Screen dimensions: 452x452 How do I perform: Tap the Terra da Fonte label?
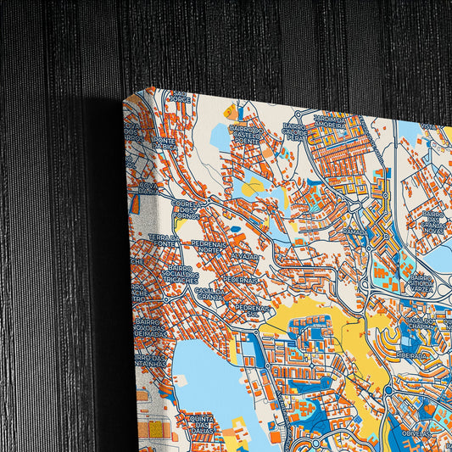pyautogui.click(x=163, y=241)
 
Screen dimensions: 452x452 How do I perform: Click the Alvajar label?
pyautogui.click(x=244, y=255)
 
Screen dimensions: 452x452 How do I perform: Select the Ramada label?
pyautogui.click(x=355, y=230)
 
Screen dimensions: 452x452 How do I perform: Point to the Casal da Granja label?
pyautogui.click(x=209, y=293)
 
